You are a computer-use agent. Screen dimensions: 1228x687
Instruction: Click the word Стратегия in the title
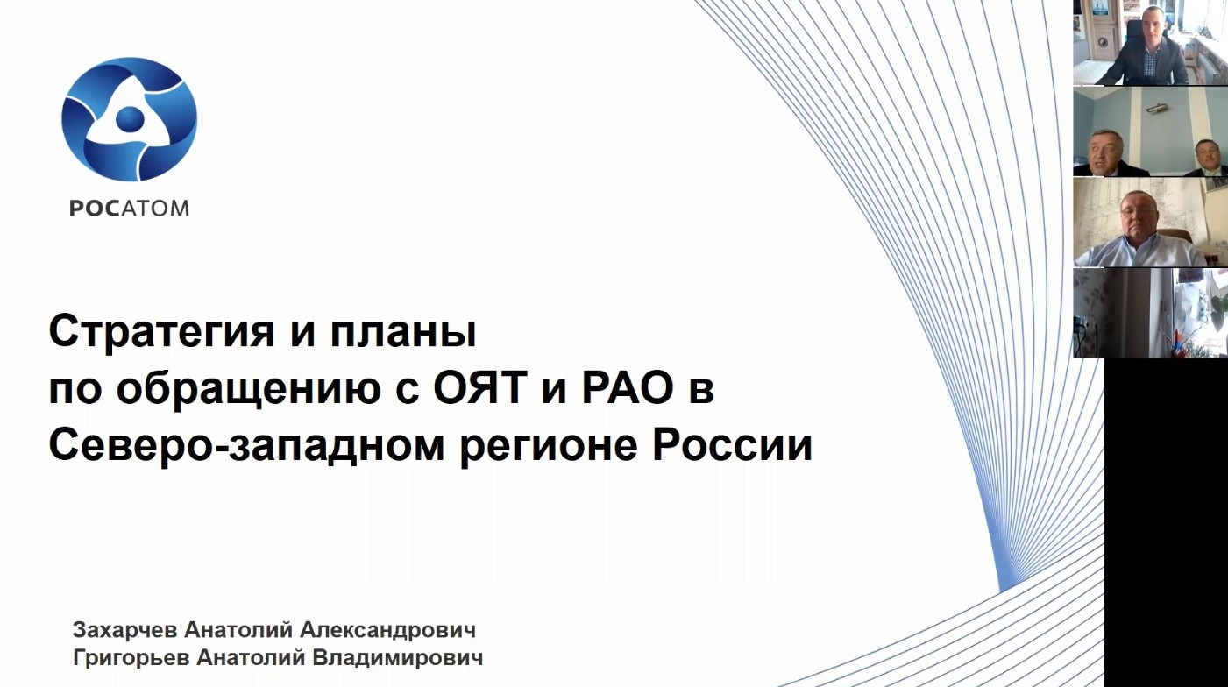click(161, 332)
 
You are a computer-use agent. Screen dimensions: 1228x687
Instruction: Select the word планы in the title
click(403, 334)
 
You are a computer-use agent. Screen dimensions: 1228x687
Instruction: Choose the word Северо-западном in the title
click(246, 446)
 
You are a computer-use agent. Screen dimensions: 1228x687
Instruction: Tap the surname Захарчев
click(125, 630)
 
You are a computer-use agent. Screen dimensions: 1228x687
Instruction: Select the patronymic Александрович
click(387, 630)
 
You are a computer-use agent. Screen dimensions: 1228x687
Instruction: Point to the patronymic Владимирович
click(397, 658)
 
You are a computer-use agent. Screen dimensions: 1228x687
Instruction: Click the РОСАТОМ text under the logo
click(130, 209)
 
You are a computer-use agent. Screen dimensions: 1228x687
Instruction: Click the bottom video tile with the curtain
click(1150, 313)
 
